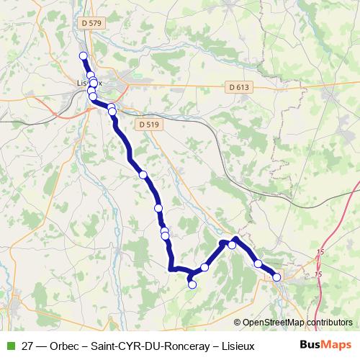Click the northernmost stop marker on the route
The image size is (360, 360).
click(x=83, y=55)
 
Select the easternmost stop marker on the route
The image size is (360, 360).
click(x=276, y=276)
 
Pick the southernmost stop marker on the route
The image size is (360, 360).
click(x=192, y=284)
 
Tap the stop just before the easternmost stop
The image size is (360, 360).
click(x=258, y=264)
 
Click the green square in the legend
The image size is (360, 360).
click(x=9, y=346)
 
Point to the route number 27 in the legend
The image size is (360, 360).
click(x=28, y=346)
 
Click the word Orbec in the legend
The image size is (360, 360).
click(x=66, y=346)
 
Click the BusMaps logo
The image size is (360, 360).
click(x=326, y=345)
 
